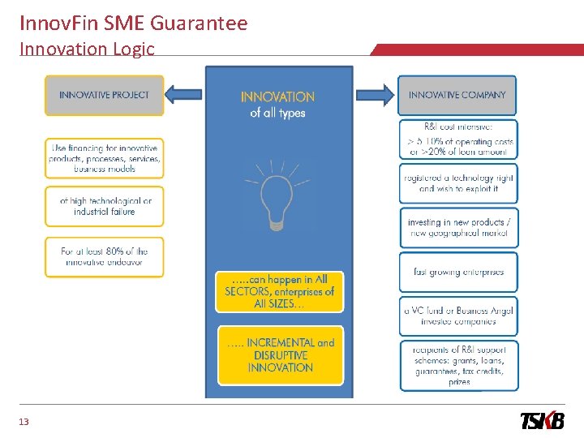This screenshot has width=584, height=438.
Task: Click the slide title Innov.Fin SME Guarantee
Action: click(x=133, y=23)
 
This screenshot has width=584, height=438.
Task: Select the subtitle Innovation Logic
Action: click(x=87, y=49)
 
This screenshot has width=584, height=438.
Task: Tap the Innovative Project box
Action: click(x=104, y=95)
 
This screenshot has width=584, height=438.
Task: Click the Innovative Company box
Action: click(x=457, y=95)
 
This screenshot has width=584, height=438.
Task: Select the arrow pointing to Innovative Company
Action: click(x=376, y=95)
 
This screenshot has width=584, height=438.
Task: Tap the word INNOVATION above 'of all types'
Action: click(x=277, y=97)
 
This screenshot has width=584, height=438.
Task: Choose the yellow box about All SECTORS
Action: click(x=279, y=291)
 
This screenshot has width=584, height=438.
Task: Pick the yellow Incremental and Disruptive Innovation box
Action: click(x=279, y=355)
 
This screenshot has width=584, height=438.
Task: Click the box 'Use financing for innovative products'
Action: click(x=105, y=159)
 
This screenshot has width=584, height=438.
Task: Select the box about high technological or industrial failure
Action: click(x=105, y=206)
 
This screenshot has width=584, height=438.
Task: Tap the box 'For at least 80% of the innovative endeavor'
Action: click(x=105, y=257)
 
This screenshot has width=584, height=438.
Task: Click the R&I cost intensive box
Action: click(x=457, y=140)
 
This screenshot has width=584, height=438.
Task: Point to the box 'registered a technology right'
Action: click(x=457, y=183)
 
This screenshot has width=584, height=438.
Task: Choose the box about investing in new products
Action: click(x=457, y=228)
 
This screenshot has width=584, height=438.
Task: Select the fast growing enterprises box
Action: click(x=457, y=273)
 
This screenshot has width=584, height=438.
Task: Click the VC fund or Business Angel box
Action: click(x=457, y=316)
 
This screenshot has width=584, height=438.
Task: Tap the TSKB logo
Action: click(x=542, y=421)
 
